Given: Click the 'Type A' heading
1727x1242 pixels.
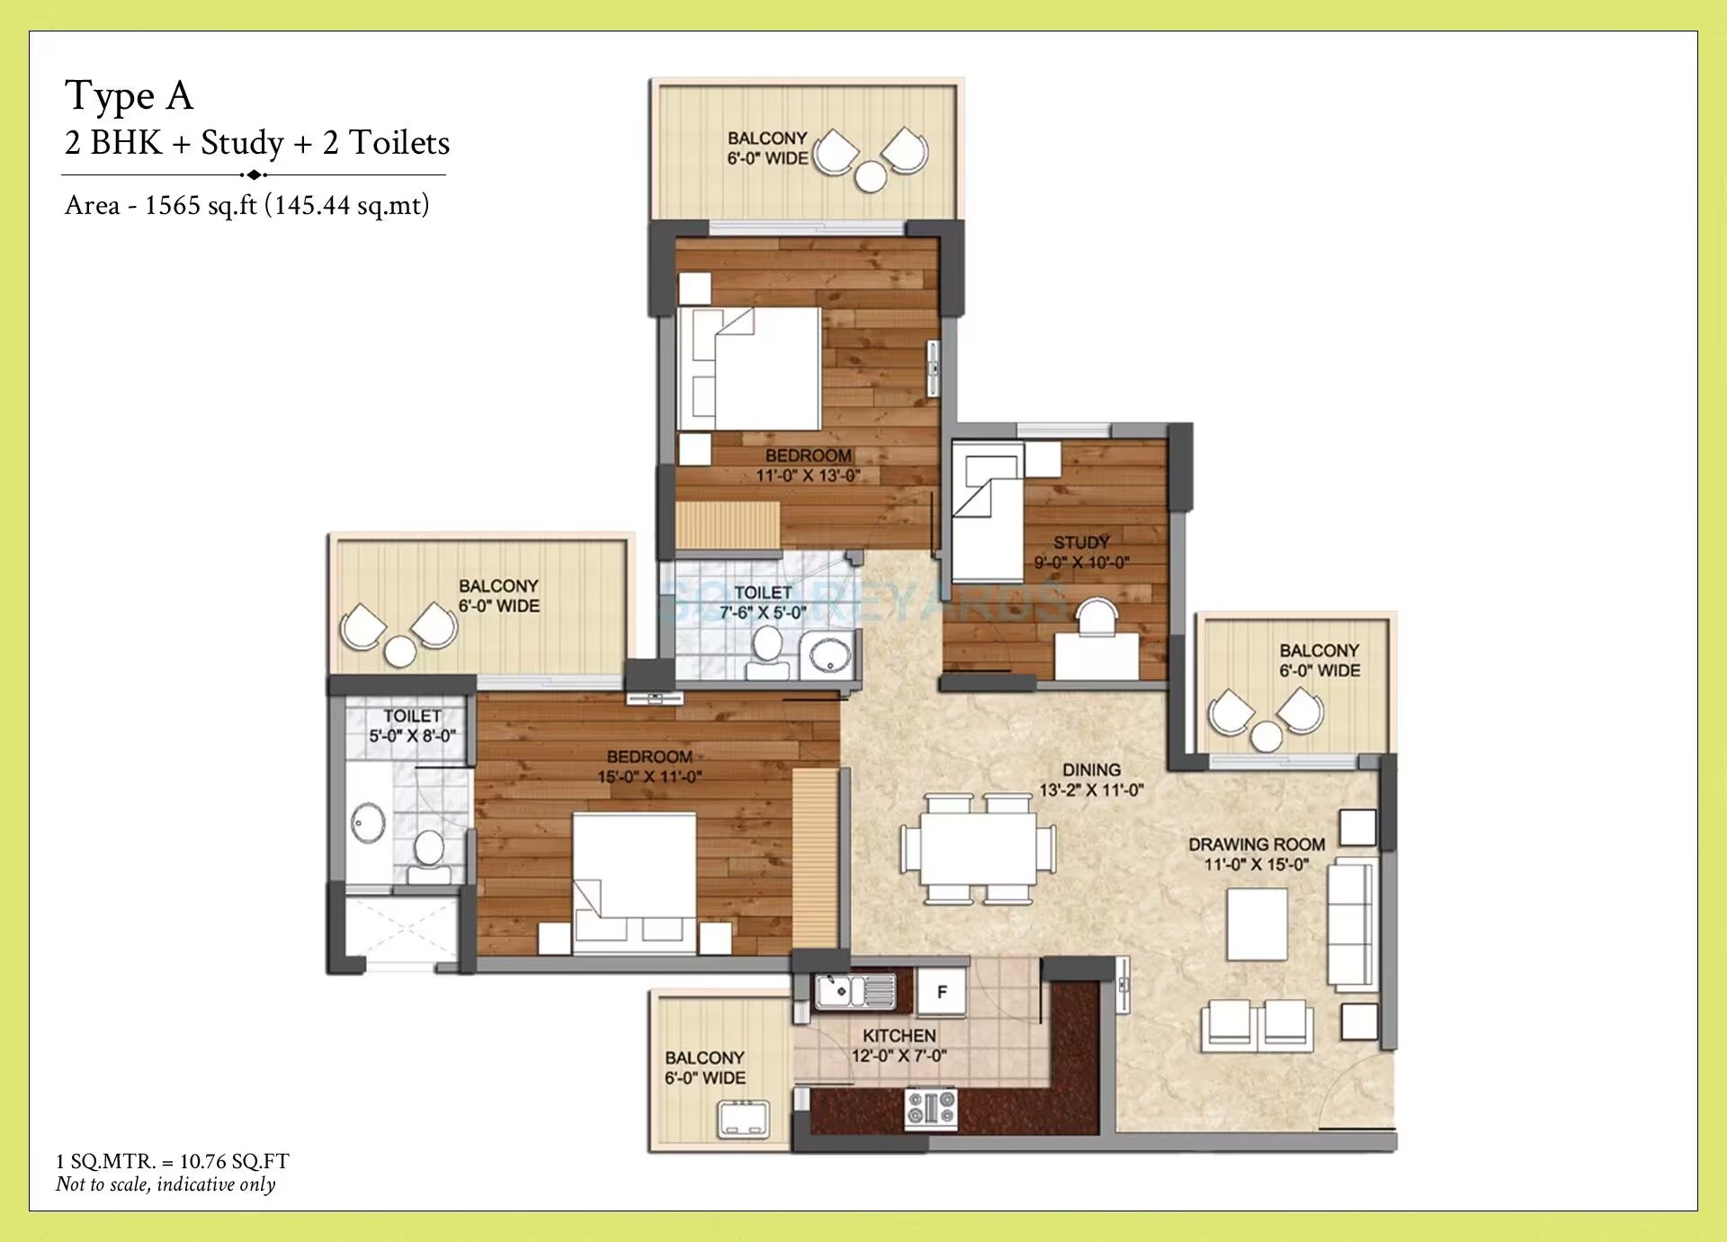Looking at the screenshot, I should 130,95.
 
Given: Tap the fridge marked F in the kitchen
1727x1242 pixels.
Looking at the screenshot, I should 941,991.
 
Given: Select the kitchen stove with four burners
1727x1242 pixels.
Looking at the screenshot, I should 931,1107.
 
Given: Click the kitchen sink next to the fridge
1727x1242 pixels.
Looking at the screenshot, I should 855,991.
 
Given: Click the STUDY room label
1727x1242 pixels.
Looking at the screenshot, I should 1081,542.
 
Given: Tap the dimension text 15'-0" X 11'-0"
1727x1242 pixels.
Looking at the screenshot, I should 649,777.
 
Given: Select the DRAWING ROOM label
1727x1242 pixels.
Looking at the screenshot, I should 1257,844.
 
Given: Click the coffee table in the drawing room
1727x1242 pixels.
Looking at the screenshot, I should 1257,924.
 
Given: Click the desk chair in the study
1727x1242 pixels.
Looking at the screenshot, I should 1096,618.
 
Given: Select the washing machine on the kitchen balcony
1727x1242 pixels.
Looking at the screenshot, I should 743,1119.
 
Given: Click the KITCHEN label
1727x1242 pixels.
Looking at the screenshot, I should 899,1036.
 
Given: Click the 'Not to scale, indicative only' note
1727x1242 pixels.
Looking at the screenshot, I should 166,1184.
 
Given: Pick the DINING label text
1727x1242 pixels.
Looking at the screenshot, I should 1091,770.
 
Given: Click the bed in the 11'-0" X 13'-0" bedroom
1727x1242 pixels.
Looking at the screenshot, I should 749,369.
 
